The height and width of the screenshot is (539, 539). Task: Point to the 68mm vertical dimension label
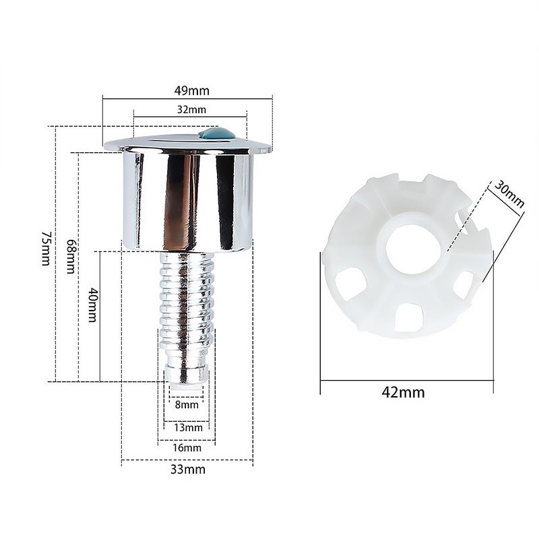(x=70, y=255)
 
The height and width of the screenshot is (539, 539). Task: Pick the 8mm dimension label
(x=187, y=405)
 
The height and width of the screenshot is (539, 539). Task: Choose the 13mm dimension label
(x=188, y=427)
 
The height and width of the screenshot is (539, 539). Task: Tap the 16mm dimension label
(x=187, y=447)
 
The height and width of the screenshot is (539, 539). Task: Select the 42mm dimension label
(x=406, y=393)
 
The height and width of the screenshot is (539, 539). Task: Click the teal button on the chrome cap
(x=217, y=134)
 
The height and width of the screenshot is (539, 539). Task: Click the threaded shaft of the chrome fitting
(x=187, y=296)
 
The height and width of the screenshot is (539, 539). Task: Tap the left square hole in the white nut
(x=350, y=282)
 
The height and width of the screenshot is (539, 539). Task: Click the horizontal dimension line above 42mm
(x=406, y=381)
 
